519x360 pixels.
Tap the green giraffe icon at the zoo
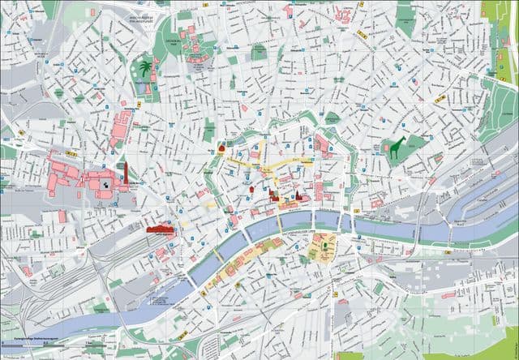397,149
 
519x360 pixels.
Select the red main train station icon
161,230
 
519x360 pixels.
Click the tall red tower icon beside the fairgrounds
127,172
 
